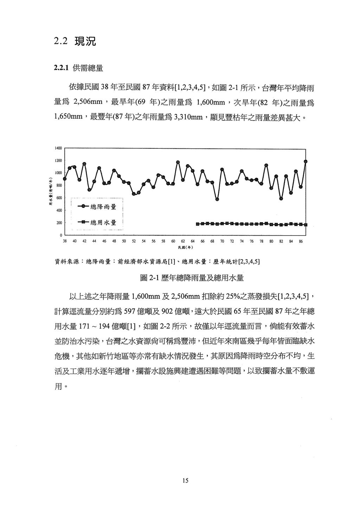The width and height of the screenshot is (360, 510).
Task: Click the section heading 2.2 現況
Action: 75,42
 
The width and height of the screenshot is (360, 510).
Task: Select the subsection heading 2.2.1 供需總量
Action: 78,68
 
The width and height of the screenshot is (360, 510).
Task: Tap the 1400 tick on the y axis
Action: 58,148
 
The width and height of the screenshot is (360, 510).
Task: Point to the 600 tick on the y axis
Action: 59,198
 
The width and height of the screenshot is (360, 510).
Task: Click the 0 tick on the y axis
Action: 61,235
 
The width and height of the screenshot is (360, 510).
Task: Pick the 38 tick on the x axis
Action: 65,241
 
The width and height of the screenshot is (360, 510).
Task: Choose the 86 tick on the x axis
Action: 301,241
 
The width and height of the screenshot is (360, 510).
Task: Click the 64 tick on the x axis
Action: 193,241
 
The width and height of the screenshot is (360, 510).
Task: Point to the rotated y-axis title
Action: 51,191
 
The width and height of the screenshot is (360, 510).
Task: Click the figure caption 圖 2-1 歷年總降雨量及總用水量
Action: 192,278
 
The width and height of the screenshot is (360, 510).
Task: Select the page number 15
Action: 186,480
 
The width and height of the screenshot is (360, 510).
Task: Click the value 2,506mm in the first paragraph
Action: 88,103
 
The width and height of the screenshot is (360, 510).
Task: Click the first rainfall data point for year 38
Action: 65,179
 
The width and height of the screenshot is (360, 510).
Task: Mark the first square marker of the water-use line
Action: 198,224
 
